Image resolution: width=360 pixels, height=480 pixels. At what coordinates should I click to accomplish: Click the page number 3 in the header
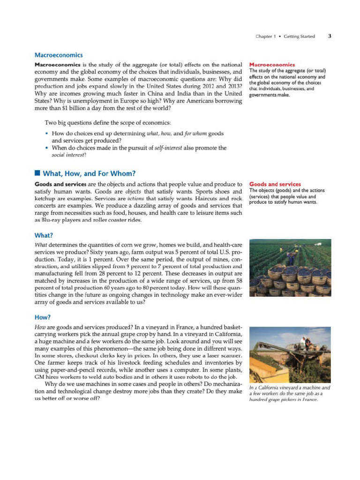pos(330,36)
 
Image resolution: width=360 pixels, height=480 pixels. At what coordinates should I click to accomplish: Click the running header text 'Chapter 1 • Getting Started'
pos(285,37)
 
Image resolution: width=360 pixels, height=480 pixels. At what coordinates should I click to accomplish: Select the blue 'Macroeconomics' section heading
pos(59,55)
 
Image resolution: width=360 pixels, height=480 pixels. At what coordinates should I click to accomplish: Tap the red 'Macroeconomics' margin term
pos(272,65)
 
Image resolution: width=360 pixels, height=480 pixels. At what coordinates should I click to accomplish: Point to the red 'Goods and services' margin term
pos(275,184)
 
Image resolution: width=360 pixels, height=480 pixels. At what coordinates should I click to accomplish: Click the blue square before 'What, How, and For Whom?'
pos(37,173)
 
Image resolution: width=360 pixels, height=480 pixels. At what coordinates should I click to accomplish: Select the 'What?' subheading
pos(44,235)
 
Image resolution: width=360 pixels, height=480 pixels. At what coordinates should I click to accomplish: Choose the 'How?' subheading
pos(43,317)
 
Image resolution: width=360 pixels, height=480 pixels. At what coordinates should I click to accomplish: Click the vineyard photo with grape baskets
pos(290,268)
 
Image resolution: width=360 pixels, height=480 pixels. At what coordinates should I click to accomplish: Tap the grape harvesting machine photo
pos(290,355)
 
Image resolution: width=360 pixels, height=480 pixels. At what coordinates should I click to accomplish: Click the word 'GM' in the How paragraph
pos(39,378)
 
